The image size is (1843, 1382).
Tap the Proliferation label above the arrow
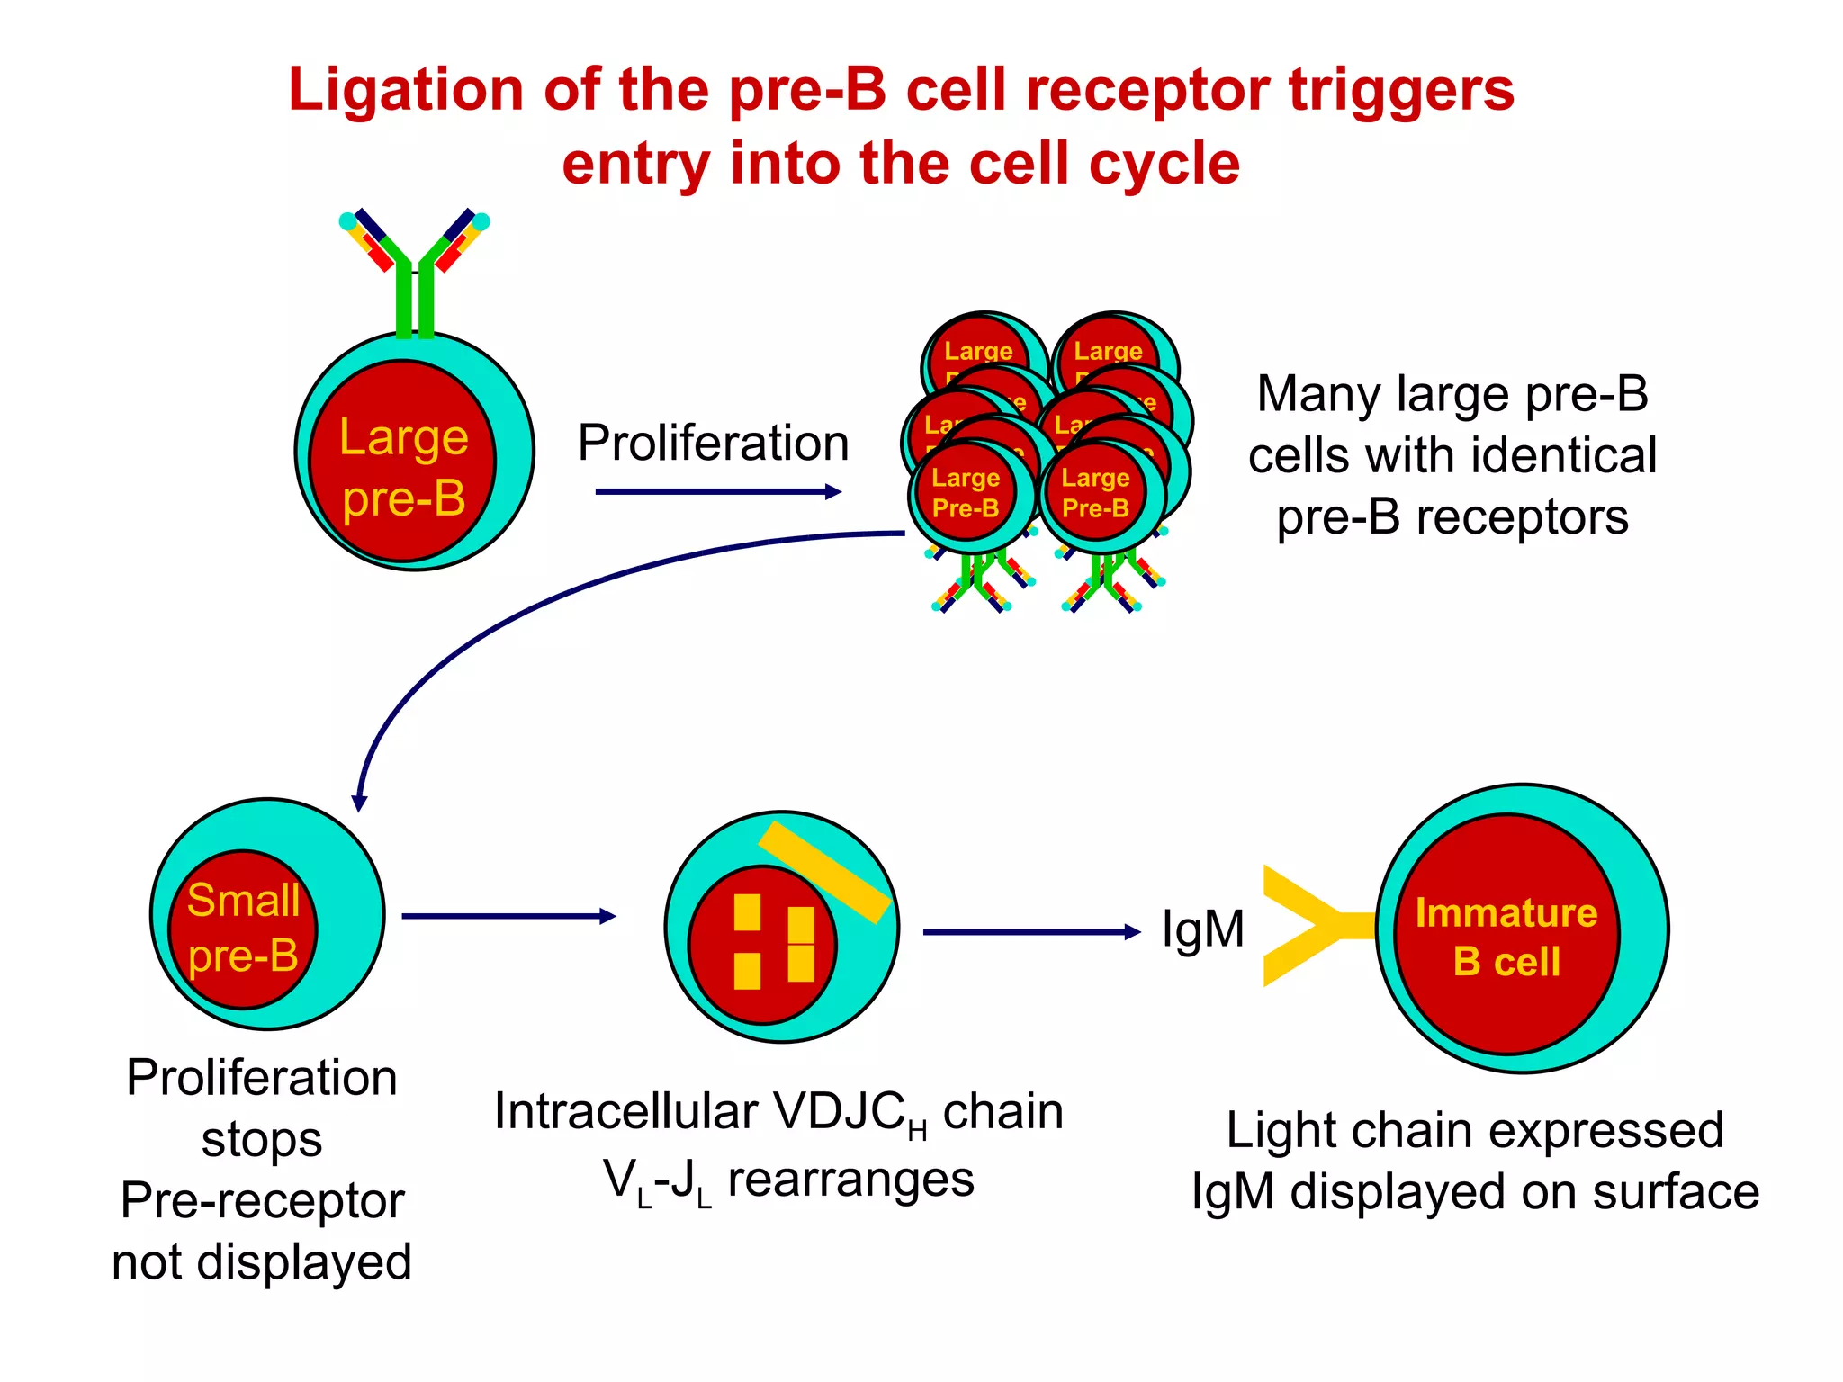[713, 443]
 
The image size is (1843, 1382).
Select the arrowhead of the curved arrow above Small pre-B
[359, 803]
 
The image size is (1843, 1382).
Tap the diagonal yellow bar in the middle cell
[824, 872]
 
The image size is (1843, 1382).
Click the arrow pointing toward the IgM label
[1030, 932]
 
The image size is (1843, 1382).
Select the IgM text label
[1202, 929]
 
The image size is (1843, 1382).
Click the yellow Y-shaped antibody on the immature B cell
[1305, 926]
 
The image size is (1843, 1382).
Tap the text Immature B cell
[1506, 937]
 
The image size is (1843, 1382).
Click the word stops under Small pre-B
[262, 1140]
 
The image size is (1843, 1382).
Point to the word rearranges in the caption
[850, 1180]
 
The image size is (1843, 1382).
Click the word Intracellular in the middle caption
[625, 1111]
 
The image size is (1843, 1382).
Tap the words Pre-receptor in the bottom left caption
[262, 1201]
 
